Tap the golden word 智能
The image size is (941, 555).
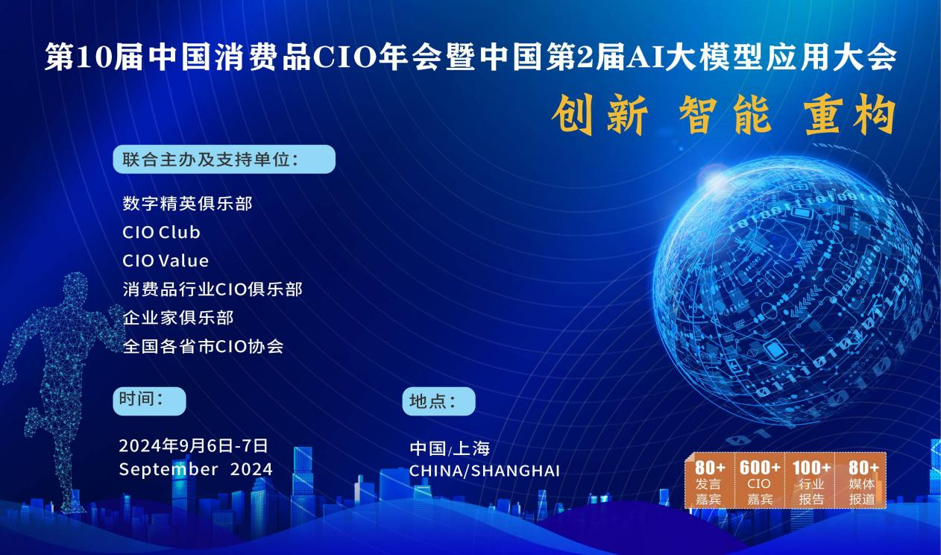(726, 117)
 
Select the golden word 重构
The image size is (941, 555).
(850, 117)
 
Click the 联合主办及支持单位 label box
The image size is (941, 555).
(224, 160)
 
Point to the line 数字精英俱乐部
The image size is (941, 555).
(187, 203)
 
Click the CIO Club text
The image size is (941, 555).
(161, 232)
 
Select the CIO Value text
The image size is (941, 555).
(166, 261)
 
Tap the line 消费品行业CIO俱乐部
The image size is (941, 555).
(213, 289)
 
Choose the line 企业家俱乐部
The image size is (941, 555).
(178, 318)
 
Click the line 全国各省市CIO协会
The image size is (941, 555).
(203, 346)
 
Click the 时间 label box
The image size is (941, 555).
(149, 401)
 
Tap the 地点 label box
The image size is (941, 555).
(438, 401)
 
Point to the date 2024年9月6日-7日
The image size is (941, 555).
(193, 446)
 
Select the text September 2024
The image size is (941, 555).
(195, 469)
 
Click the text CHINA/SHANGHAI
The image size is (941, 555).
(484, 471)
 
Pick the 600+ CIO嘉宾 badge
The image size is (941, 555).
(760, 481)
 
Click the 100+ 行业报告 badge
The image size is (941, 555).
(811, 481)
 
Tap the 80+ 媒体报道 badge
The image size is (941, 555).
(863, 481)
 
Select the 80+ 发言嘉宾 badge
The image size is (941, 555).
(709, 481)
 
